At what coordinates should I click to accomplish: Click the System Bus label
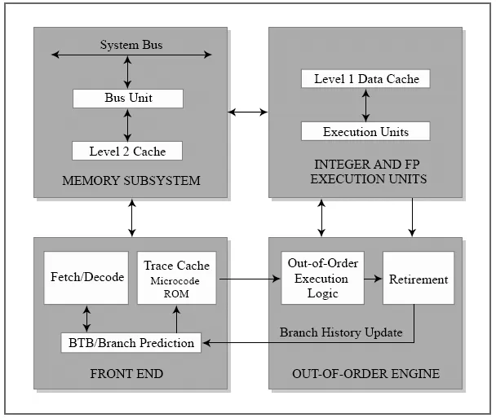[131, 45]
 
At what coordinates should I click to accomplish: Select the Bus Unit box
[128, 99]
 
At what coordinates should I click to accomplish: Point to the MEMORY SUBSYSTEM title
[131, 180]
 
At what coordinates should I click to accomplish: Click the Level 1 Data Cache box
[365, 79]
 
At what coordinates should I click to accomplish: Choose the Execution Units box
[365, 131]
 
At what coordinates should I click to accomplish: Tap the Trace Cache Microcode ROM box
[176, 278]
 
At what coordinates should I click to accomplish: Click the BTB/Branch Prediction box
[131, 343]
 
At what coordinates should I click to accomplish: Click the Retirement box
[418, 279]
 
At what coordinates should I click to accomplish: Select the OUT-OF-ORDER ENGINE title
[365, 374]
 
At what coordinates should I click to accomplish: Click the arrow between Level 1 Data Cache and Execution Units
[365, 105]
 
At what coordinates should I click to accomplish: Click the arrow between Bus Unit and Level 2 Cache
[128, 125]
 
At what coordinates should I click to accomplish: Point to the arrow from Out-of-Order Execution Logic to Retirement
[373, 279]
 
